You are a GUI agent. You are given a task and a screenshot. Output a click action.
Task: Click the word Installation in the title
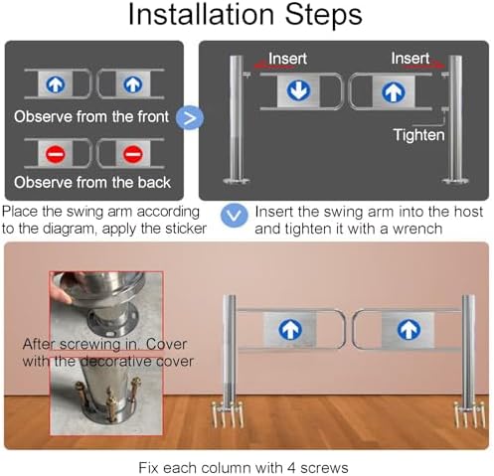(x=201, y=14)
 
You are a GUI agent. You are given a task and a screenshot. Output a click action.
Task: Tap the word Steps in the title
(x=323, y=14)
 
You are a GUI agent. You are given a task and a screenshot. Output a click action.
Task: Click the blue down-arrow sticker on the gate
(x=298, y=90)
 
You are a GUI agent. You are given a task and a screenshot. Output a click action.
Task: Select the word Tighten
(x=418, y=135)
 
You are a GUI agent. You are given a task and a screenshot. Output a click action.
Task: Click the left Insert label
(x=287, y=59)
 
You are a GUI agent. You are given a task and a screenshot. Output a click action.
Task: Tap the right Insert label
(x=411, y=59)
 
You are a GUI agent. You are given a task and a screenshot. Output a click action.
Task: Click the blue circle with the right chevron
(x=190, y=117)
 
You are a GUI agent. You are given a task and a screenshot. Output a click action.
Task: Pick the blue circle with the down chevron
(x=235, y=216)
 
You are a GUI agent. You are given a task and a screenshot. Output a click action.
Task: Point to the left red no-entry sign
(x=56, y=154)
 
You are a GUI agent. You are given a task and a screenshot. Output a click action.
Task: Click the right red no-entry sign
(x=133, y=154)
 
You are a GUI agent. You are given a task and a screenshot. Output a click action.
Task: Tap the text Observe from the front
(x=91, y=117)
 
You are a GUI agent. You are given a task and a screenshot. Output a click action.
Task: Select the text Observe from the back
(x=92, y=183)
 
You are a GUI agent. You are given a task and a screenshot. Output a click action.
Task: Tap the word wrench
(x=417, y=229)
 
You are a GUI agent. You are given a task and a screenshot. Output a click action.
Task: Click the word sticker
(x=186, y=229)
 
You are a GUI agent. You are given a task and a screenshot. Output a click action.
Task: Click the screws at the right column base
(x=470, y=414)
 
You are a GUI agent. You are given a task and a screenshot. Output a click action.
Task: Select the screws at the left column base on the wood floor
(x=228, y=414)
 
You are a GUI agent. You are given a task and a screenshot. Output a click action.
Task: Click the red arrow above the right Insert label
(x=423, y=66)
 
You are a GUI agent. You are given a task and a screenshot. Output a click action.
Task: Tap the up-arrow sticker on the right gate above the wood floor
(x=409, y=330)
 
